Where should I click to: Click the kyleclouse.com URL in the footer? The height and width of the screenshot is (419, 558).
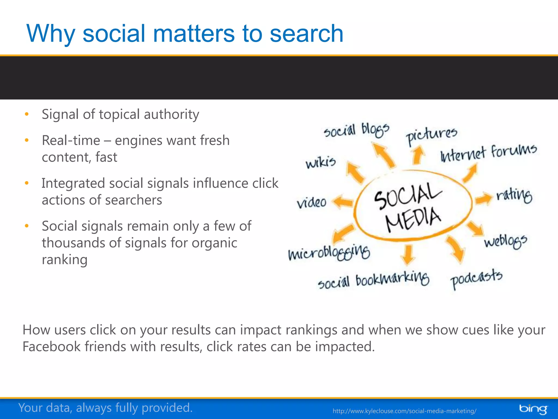click(404, 411)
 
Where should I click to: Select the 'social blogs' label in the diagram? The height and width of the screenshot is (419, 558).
click(356, 130)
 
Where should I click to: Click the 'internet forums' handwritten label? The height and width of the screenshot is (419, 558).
click(489, 153)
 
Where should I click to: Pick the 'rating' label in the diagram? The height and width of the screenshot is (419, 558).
click(514, 195)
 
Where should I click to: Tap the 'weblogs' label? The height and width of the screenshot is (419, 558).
click(505, 241)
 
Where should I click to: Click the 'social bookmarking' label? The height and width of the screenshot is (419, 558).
click(374, 280)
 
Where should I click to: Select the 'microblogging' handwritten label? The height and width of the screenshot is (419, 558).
click(329, 253)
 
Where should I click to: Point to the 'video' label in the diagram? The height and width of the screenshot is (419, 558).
click(312, 202)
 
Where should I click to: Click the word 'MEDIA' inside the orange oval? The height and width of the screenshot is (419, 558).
click(413, 219)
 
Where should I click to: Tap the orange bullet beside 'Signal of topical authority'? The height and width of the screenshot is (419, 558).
click(27, 114)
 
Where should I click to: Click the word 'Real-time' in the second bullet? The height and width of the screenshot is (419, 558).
click(71, 140)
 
